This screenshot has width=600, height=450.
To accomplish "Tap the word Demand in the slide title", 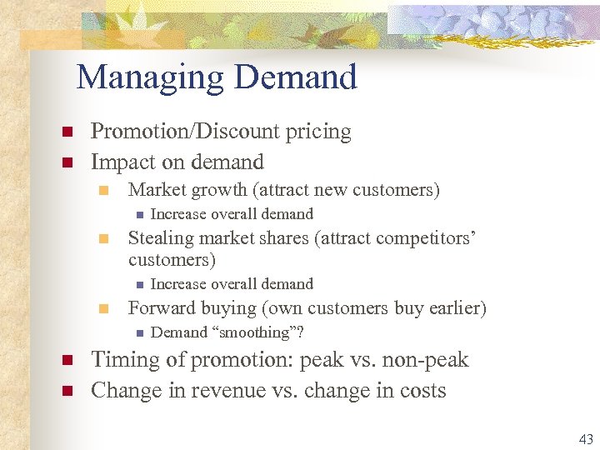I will (x=296, y=78).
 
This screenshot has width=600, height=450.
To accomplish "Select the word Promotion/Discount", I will (x=184, y=132).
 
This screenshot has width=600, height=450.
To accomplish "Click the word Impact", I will (x=122, y=162).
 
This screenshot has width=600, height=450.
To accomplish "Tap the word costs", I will (x=419, y=390).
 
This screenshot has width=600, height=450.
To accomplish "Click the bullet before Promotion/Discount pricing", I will (x=67, y=132).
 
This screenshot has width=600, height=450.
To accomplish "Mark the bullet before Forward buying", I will (x=103, y=309).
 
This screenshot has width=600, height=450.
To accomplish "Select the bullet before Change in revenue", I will (x=67, y=391).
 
